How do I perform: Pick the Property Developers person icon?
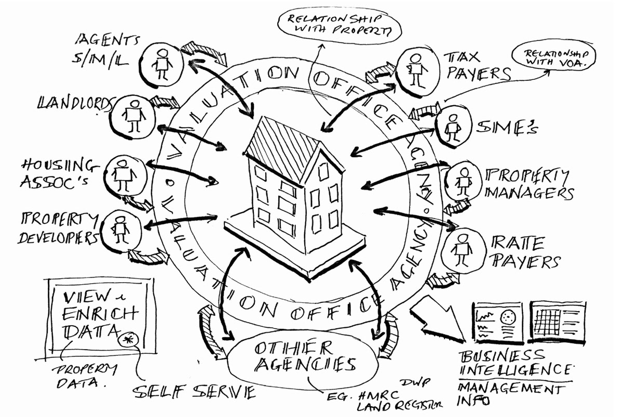[x=120, y=228]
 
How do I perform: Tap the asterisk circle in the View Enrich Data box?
[x=126, y=340]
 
